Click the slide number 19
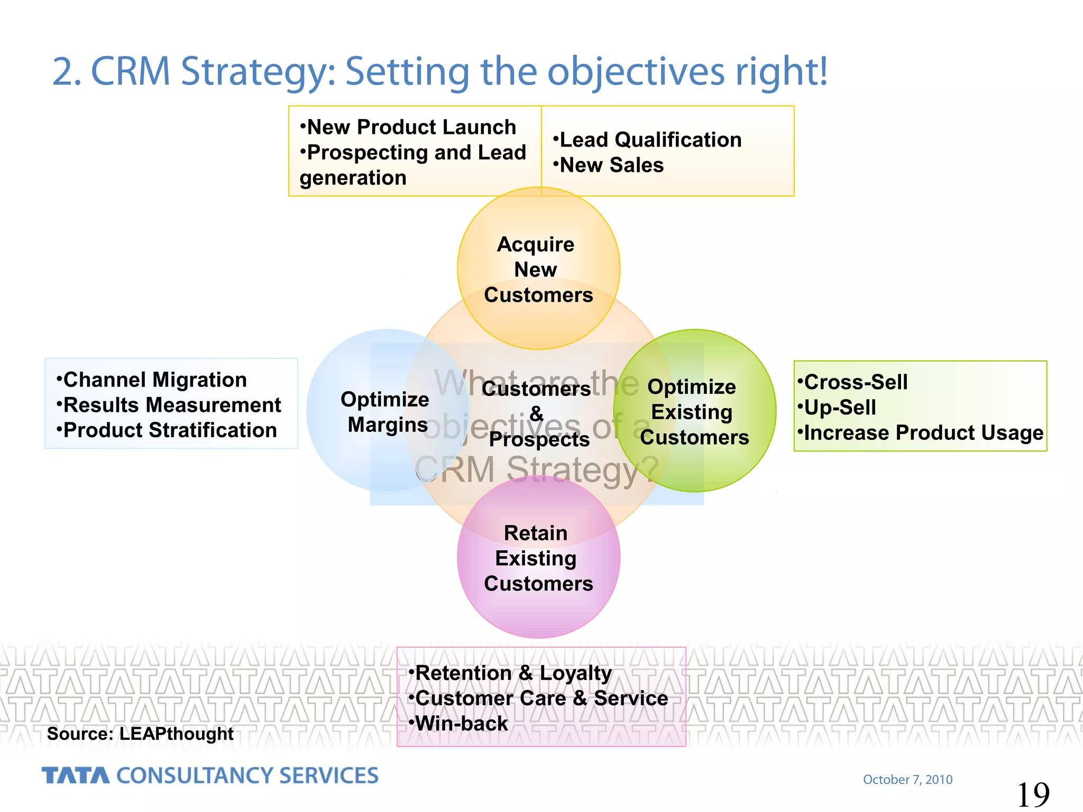tap(1033, 794)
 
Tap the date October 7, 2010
tap(907, 779)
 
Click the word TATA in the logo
tap(76, 776)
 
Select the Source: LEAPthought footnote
tap(140, 734)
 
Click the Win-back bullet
tap(459, 723)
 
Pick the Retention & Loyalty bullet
tap(511, 673)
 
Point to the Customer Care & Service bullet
tap(539, 698)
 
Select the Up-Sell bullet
tap(838, 407)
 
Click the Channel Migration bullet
tap(152, 380)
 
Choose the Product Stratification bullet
tap(167, 430)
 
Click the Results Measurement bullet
tap(169, 405)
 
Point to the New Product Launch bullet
tap(408, 127)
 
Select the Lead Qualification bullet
tap(648, 140)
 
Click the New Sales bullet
tap(609, 165)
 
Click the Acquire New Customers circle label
tap(538, 269)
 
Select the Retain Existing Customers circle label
tap(538, 558)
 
